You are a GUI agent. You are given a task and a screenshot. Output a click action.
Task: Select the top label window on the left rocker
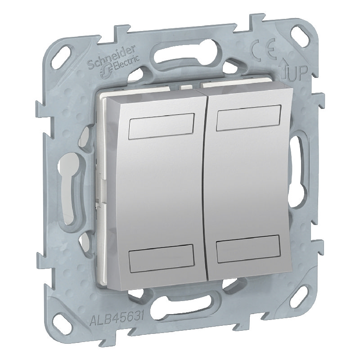(162, 126)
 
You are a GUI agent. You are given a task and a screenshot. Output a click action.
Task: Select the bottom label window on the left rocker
(162, 258)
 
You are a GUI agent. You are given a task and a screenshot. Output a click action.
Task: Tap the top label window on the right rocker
(249, 118)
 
